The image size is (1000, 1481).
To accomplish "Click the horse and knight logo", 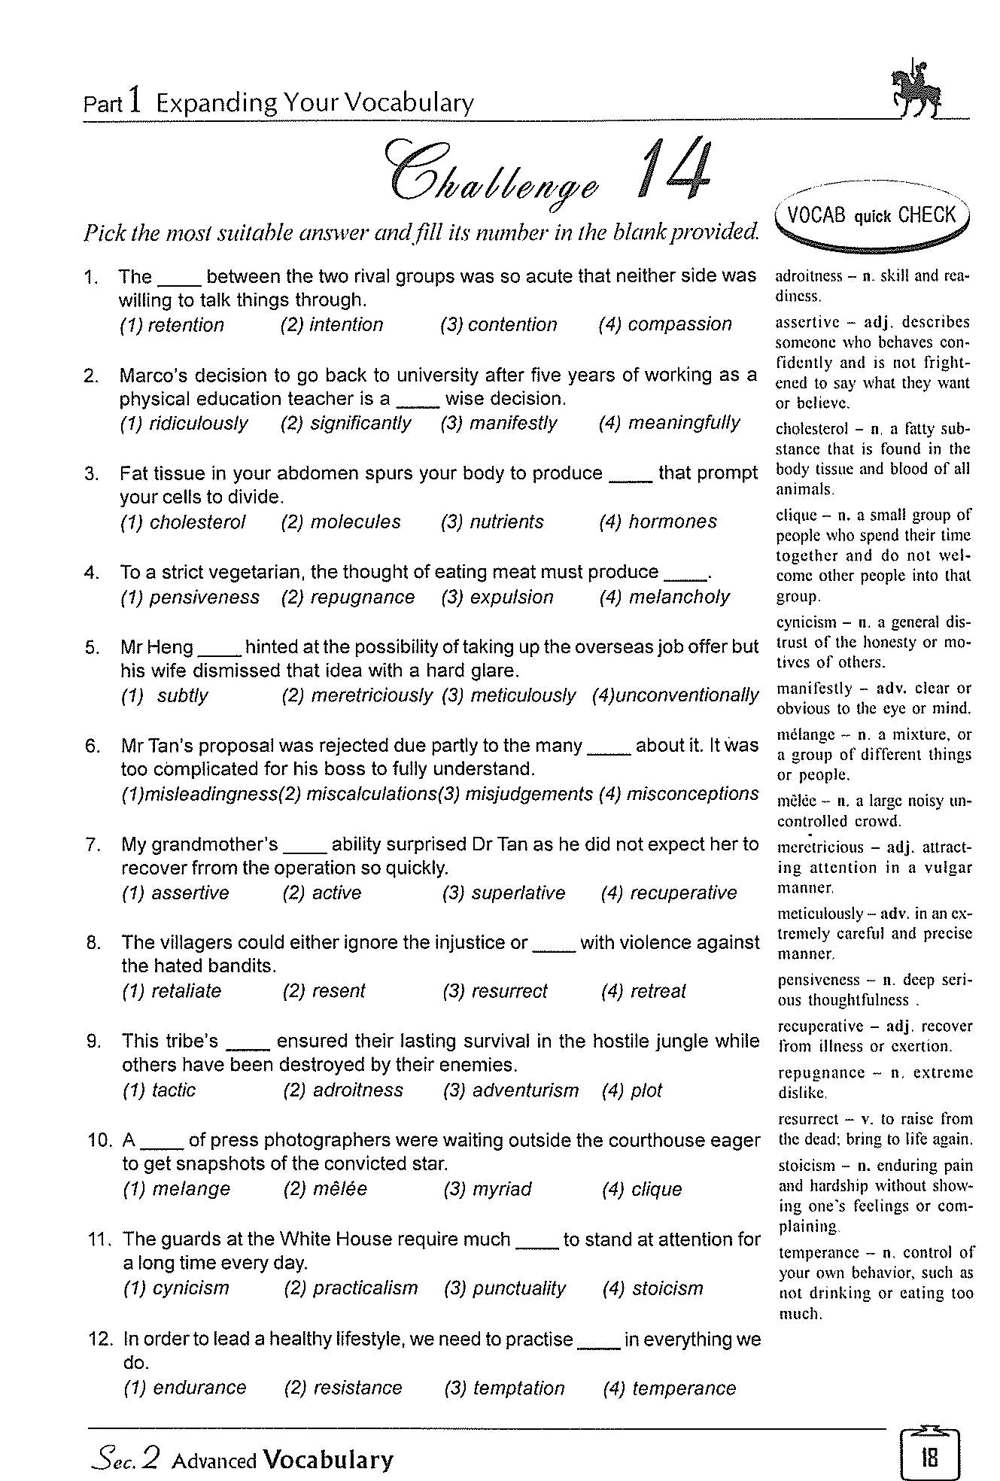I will coord(915,89).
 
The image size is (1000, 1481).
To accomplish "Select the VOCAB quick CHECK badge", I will coord(872,217).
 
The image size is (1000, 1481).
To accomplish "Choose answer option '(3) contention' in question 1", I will coord(499,324).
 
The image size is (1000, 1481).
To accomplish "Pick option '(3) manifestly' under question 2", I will coord(499,423).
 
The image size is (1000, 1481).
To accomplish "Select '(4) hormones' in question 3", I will coord(658,522).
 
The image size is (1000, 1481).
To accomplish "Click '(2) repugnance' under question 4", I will coord(348,598).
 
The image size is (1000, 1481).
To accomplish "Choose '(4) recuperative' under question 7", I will coord(669,893).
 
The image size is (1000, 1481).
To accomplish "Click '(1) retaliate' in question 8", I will coord(172,991).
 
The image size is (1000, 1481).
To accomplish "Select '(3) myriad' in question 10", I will coord(488,1189).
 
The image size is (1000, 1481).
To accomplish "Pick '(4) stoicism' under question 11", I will coord(653,1288).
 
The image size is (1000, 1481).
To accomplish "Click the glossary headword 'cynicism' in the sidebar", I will coord(806,622).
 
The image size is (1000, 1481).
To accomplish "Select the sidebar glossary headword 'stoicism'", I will coord(806,1166).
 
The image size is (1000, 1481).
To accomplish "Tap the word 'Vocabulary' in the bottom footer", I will coord(328,1460).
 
